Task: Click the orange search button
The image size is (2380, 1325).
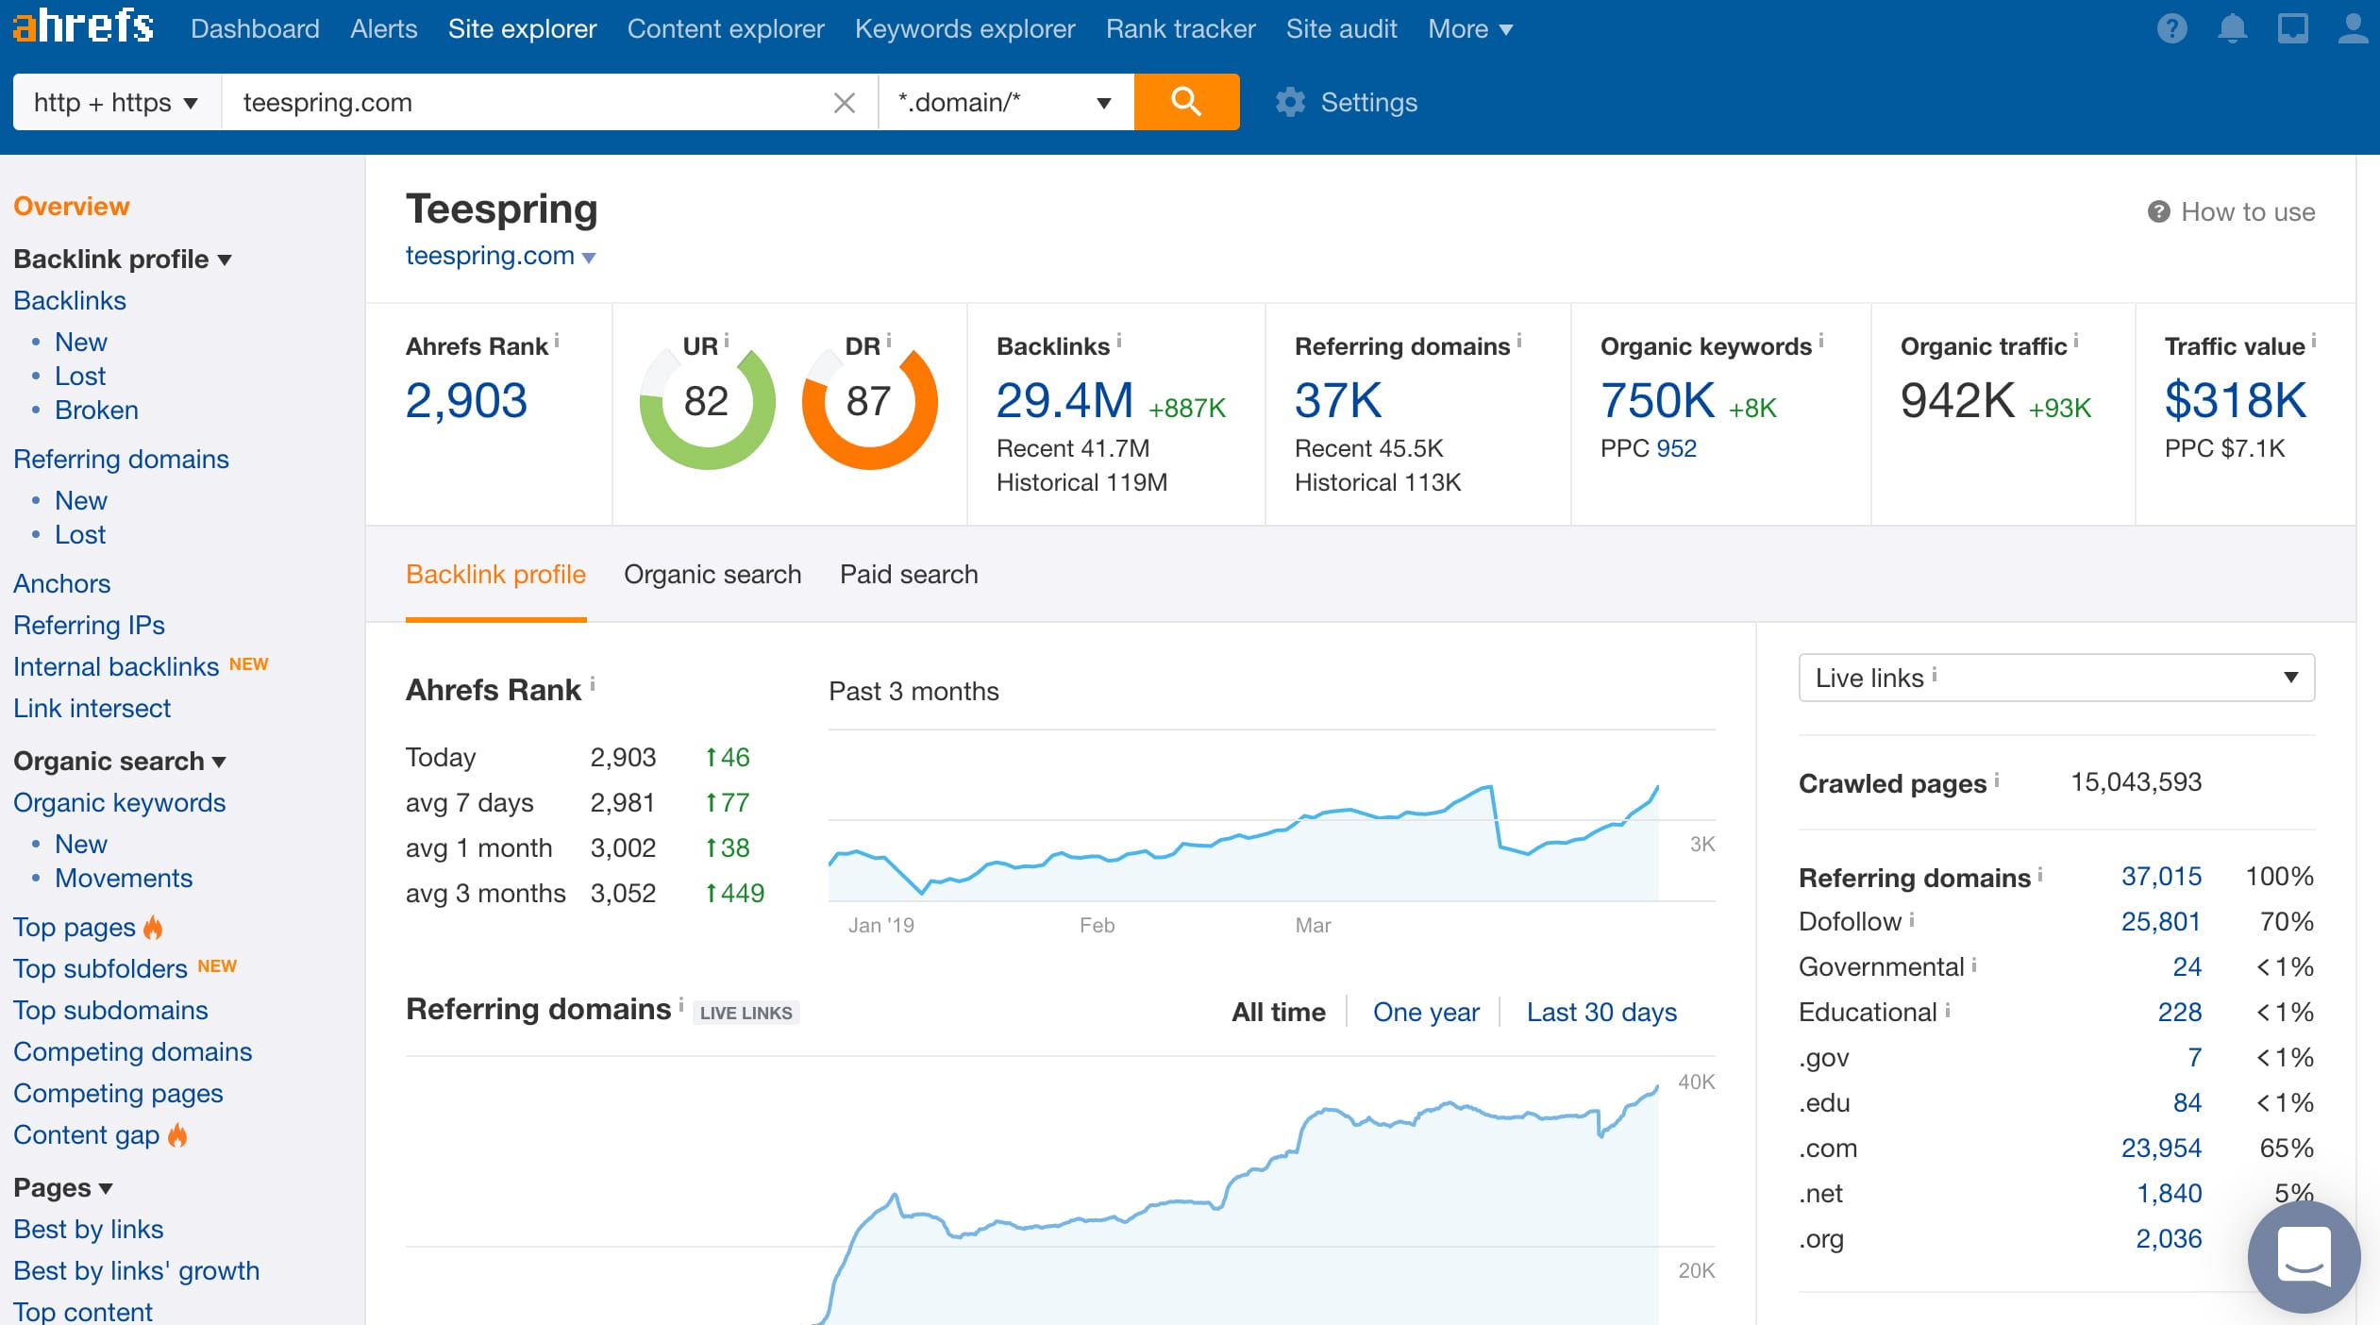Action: (x=1186, y=102)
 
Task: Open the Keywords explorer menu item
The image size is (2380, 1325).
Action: (x=964, y=29)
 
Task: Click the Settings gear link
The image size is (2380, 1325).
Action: (x=1348, y=102)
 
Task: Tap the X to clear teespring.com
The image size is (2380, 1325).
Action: (x=844, y=103)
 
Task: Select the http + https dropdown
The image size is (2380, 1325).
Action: (x=116, y=102)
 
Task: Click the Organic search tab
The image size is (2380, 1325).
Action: (x=712, y=575)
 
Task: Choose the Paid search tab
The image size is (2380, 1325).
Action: (x=909, y=575)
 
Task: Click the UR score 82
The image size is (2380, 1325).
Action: (x=706, y=401)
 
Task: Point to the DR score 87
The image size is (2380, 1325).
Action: (x=868, y=401)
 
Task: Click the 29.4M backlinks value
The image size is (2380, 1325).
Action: (x=1064, y=400)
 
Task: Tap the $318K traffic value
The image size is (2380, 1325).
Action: (x=2235, y=400)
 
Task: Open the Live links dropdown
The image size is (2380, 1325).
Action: (x=2055, y=678)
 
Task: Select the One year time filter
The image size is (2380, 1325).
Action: (x=1426, y=1013)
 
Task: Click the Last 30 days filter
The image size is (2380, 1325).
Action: (x=1601, y=1013)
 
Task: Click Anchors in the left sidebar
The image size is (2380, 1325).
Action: (x=62, y=584)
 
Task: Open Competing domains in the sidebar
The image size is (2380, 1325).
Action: (x=133, y=1052)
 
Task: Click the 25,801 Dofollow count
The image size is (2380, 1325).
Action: (x=2160, y=922)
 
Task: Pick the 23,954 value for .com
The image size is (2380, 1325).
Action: (x=2160, y=1149)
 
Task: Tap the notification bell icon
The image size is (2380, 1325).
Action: (x=2232, y=29)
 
